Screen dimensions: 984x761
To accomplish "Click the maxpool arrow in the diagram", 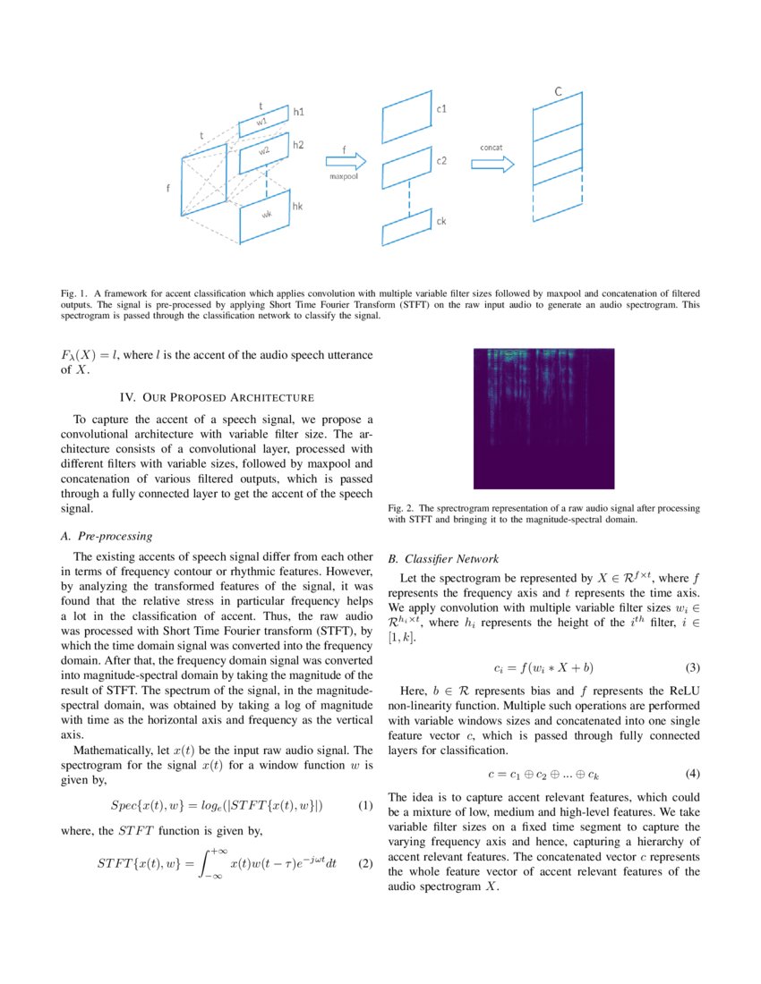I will click(x=346, y=161).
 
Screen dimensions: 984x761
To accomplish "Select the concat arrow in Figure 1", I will click(x=492, y=164).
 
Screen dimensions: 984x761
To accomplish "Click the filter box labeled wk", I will click(x=265, y=216).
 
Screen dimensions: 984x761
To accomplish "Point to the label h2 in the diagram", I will click(x=298, y=145).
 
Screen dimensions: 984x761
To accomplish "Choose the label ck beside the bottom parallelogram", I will click(x=441, y=221).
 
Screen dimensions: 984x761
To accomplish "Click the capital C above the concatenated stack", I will click(x=558, y=92).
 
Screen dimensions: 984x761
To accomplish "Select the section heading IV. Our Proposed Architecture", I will click(x=217, y=396).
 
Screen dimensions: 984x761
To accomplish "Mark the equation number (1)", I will click(x=364, y=806).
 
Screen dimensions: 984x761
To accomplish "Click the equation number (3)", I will click(x=692, y=667).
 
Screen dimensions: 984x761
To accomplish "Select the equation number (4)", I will click(x=692, y=772).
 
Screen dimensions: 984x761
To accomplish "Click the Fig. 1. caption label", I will click(x=73, y=293).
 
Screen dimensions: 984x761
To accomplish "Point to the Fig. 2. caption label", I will click(x=402, y=507).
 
